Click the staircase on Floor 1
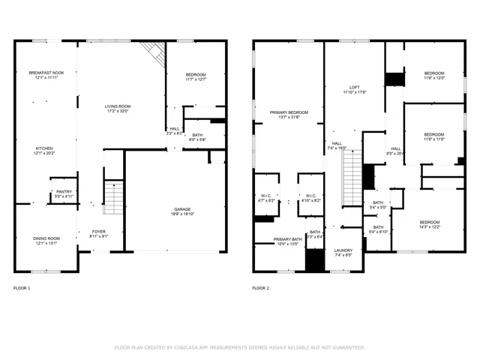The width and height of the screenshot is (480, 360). (x=112, y=198)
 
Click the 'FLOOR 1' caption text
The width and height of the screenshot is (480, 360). (x=22, y=288)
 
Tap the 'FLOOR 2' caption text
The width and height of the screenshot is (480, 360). (x=260, y=288)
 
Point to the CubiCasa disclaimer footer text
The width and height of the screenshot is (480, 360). (x=239, y=347)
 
